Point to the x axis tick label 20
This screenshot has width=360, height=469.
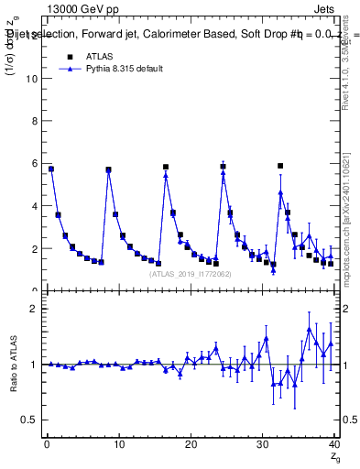tap(191, 445)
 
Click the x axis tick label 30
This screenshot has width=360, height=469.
tap(262, 445)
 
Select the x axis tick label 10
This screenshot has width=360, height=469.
tap(118, 445)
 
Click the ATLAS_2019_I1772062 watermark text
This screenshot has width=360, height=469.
tap(191, 273)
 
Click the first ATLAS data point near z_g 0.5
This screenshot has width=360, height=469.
tap(51, 169)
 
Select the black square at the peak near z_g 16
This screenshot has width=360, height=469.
tap(166, 167)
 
